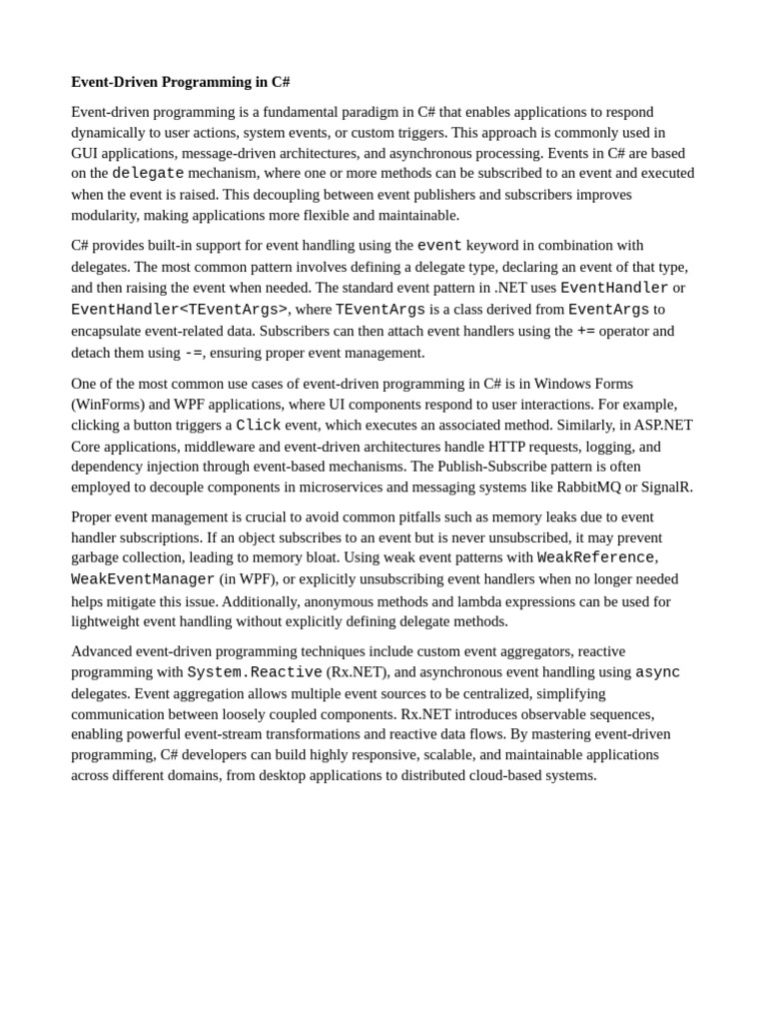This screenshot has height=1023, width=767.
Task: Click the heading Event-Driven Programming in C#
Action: tap(181, 82)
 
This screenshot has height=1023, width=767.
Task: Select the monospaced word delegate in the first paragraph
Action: tap(148, 173)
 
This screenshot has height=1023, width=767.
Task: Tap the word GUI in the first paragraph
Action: tap(84, 153)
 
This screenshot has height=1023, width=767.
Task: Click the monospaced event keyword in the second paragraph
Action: tap(439, 245)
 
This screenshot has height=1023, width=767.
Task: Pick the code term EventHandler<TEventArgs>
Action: tap(179, 310)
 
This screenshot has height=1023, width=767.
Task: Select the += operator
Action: tap(585, 331)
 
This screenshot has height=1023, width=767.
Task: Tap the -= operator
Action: tap(193, 353)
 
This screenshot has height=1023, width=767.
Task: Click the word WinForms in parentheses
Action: tap(108, 404)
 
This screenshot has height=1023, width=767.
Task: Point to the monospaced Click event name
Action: tap(258, 425)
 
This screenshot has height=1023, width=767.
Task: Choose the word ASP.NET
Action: tap(663, 425)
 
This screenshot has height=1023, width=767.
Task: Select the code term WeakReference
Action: tap(595, 557)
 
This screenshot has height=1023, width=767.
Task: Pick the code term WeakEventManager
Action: tap(143, 579)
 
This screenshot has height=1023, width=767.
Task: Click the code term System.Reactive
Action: tap(255, 672)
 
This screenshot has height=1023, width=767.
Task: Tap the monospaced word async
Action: tap(657, 672)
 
